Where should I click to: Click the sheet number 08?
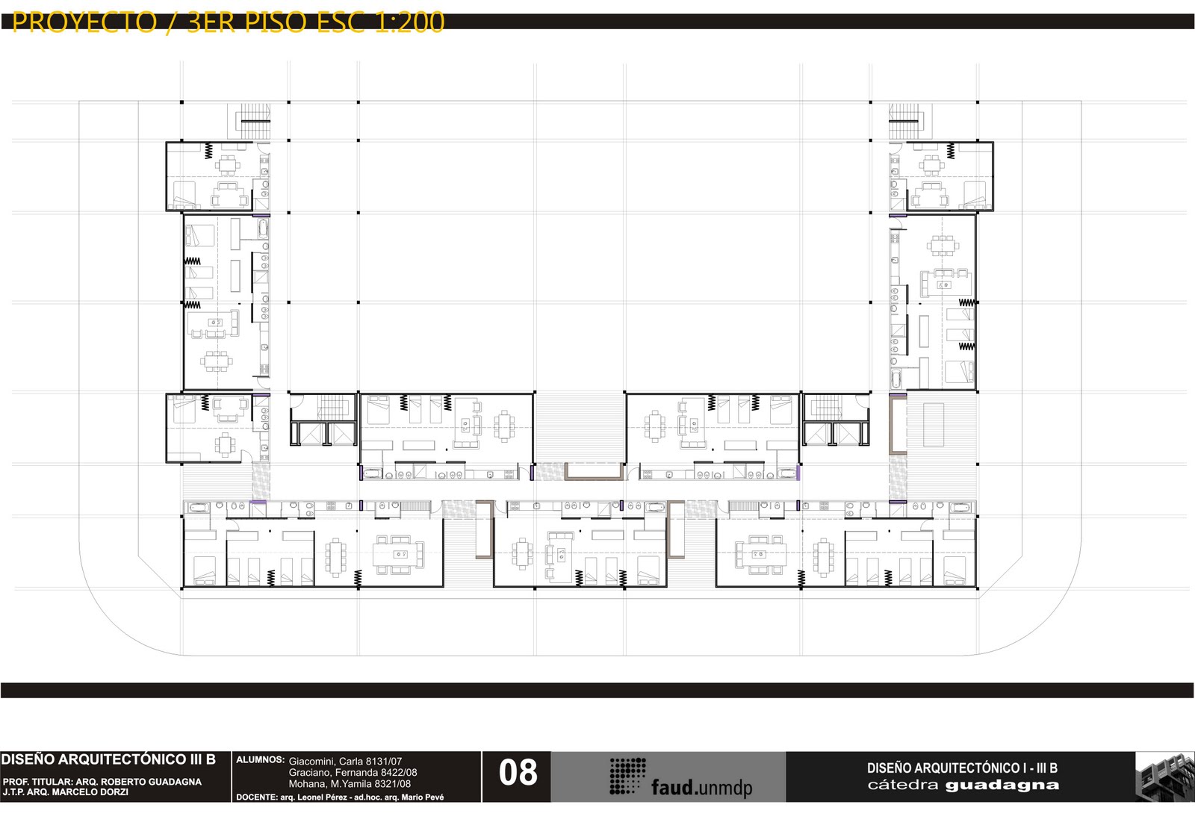(x=518, y=772)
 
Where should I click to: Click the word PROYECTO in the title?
(x=84, y=22)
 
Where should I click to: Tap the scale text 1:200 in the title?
(x=409, y=22)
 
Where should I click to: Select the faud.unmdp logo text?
(x=701, y=787)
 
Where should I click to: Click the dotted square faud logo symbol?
(x=627, y=776)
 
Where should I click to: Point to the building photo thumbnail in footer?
(x=1164, y=777)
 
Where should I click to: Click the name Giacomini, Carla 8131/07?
(x=345, y=761)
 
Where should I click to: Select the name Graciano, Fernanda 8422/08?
(x=353, y=772)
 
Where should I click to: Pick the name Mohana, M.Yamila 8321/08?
(x=350, y=783)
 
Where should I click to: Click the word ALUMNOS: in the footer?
(x=260, y=759)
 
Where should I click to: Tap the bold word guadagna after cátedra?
(x=1002, y=785)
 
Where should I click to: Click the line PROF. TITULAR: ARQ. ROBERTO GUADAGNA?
(x=102, y=782)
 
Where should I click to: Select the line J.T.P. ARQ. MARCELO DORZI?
(x=65, y=792)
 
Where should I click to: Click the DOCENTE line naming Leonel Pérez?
(x=340, y=797)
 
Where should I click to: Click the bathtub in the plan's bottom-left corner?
(x=199, y=507)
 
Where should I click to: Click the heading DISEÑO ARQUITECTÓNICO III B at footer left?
(x=108, y=759)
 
